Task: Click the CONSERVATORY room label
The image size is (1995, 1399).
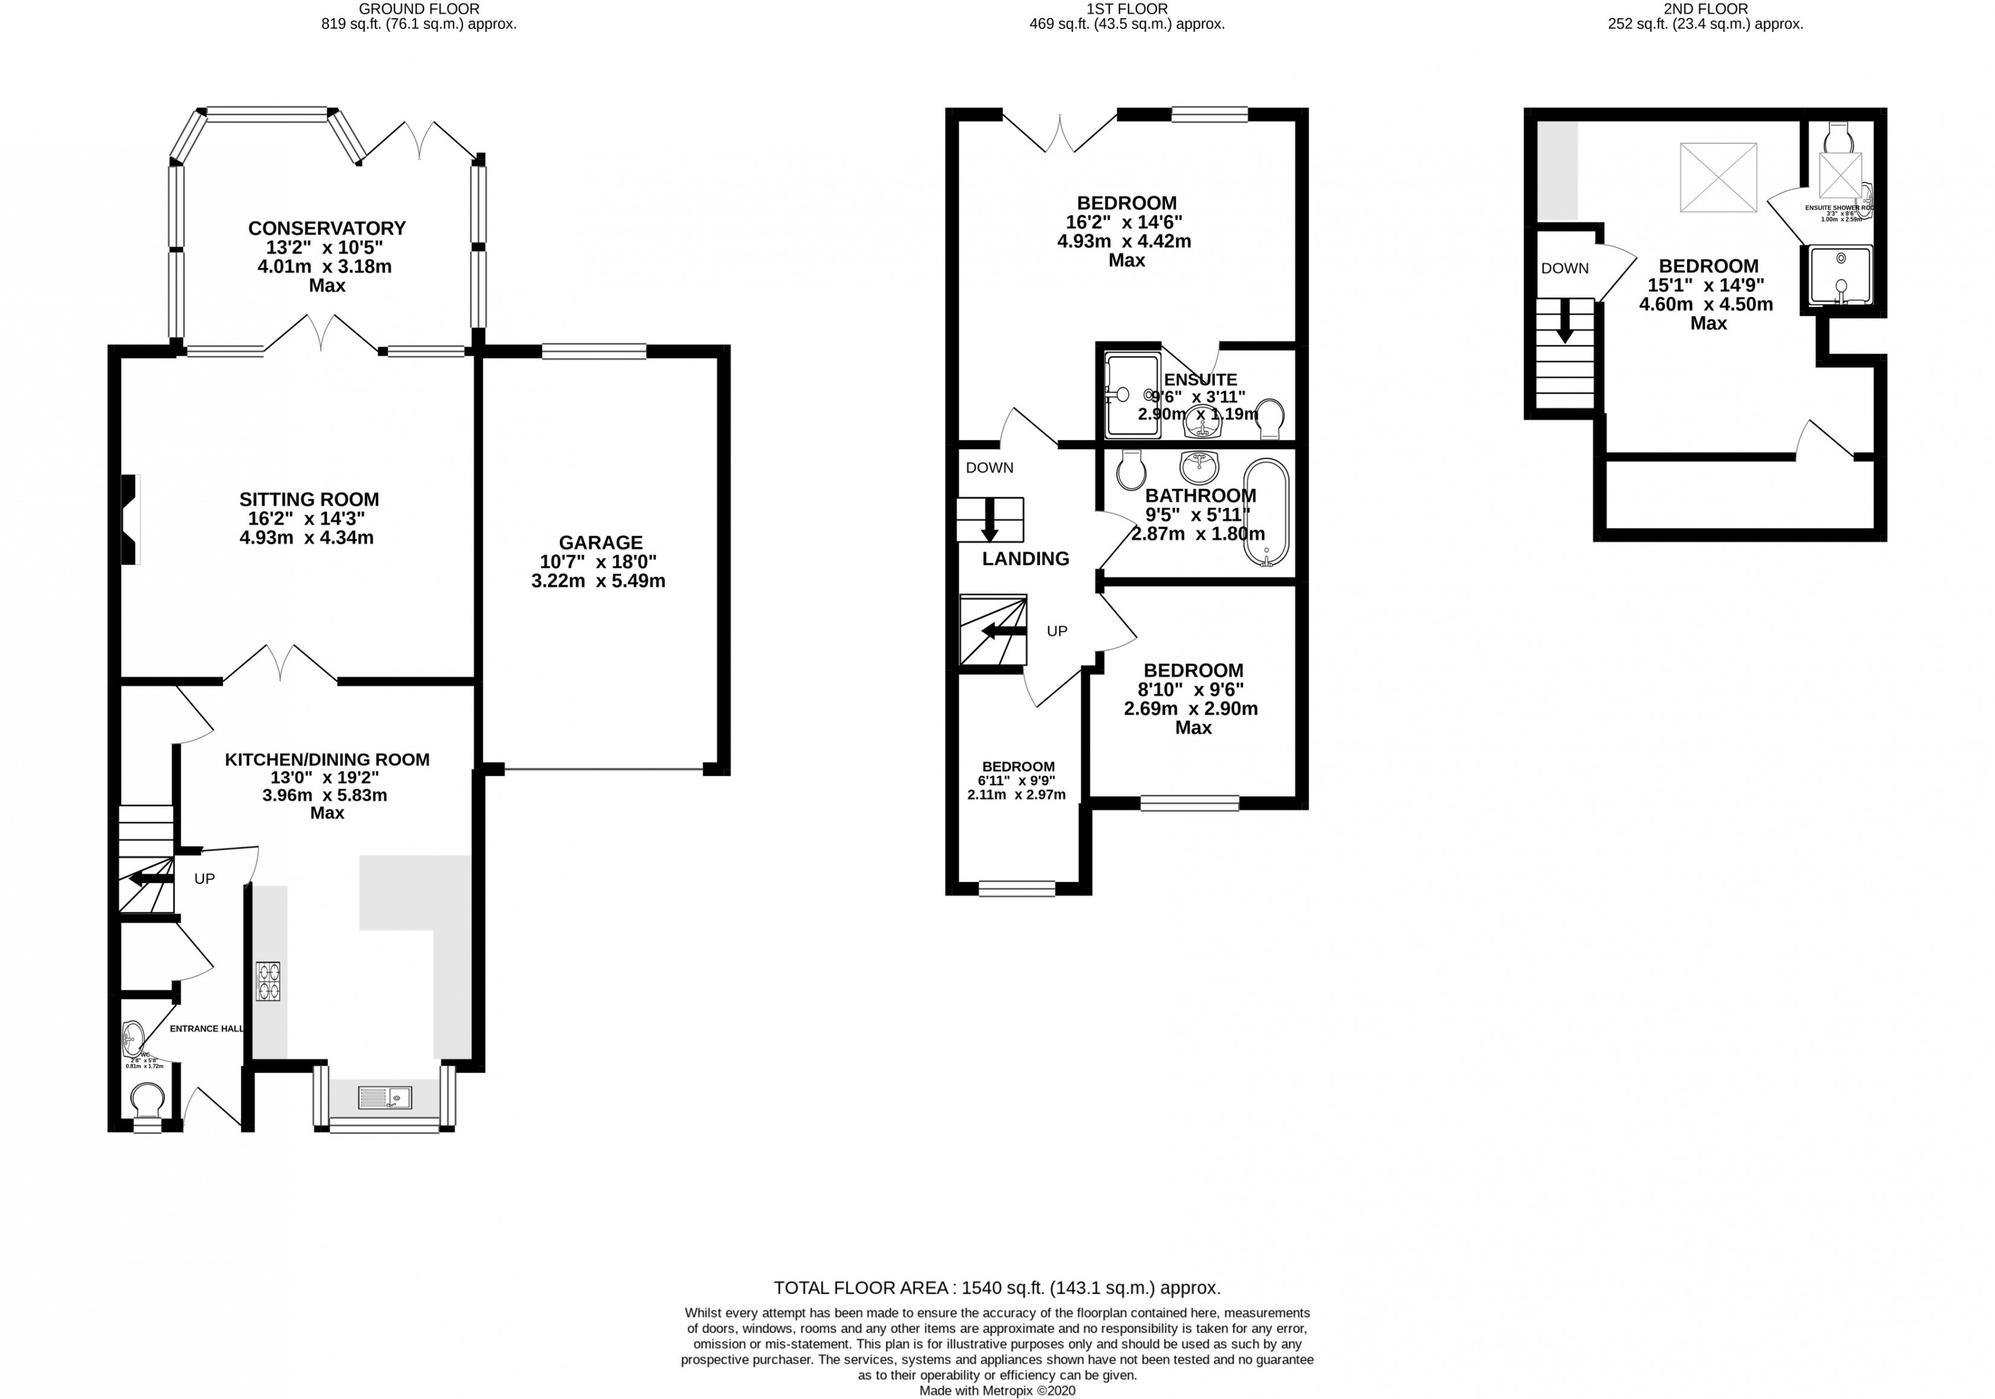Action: [326, 229]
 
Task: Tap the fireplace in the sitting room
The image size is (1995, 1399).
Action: [129, 519]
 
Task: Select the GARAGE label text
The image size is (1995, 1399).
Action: [600, 542]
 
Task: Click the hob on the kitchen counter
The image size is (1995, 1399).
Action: [268, 981]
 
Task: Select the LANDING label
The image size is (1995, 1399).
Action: [1025, 559]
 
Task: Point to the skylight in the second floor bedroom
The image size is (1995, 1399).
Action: [1718, 177]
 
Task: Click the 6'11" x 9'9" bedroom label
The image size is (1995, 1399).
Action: [1018, 781]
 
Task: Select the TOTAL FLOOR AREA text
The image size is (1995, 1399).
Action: [997, 1288]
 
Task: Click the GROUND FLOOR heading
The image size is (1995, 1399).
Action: [419, 8]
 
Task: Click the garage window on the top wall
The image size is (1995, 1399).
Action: [594, 351]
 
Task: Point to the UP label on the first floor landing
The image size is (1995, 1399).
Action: [1057, 631]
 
